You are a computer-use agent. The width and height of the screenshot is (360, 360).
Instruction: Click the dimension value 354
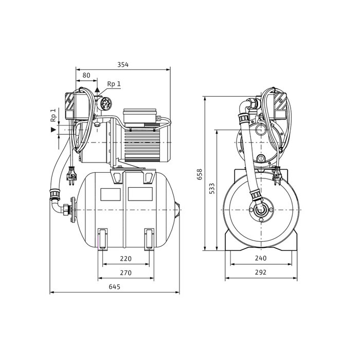click(x=122, y=64)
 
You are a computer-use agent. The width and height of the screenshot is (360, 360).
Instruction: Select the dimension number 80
click(x=86, y=75)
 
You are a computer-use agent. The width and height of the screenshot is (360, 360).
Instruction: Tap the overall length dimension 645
click(x=115, y=287)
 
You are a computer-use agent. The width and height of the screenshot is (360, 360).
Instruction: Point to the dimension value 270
click(x=127, y=272)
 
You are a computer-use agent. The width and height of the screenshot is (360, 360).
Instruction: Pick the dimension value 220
click(x=127, y=259)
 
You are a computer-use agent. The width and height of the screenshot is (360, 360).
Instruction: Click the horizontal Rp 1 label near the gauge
click(x=114, y=84)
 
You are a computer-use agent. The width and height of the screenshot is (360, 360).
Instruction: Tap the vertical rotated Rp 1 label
click(x=53, y=116)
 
